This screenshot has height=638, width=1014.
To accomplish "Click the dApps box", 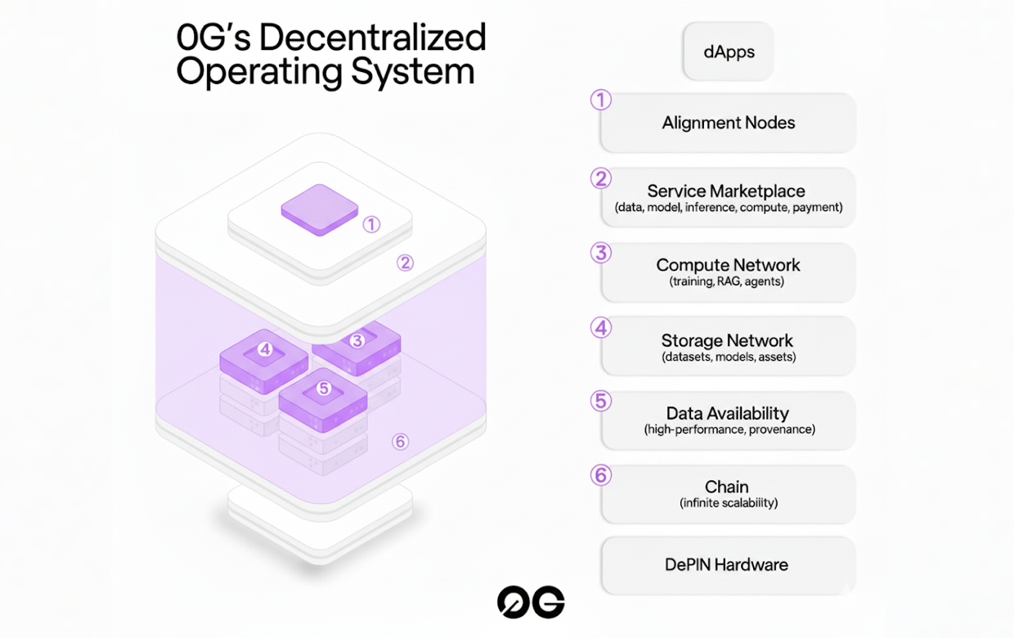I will [728, 52].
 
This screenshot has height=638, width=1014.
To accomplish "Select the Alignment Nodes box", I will [728, 123].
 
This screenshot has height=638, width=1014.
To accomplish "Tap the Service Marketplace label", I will [726, 191].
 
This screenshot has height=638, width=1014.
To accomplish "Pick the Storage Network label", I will [727, 340].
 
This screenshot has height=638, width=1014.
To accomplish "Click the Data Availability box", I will [728, 420].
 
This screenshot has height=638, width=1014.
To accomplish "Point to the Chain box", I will [728, 494].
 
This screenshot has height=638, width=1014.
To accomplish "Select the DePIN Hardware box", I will [727, 564].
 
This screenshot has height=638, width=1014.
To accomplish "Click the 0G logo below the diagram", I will [531, 603].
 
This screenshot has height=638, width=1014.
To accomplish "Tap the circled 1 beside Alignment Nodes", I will [601, 101].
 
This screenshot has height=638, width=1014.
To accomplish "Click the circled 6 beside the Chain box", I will [601, 475].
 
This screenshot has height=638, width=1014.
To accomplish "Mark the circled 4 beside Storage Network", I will [601, 328].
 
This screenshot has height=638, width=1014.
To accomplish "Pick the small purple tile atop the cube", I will [319, 209].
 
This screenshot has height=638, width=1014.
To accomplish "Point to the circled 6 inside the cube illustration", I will [400, 442].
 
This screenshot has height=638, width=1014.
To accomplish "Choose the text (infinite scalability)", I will [728, 503].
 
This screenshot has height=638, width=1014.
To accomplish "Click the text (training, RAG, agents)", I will [728, 282].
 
